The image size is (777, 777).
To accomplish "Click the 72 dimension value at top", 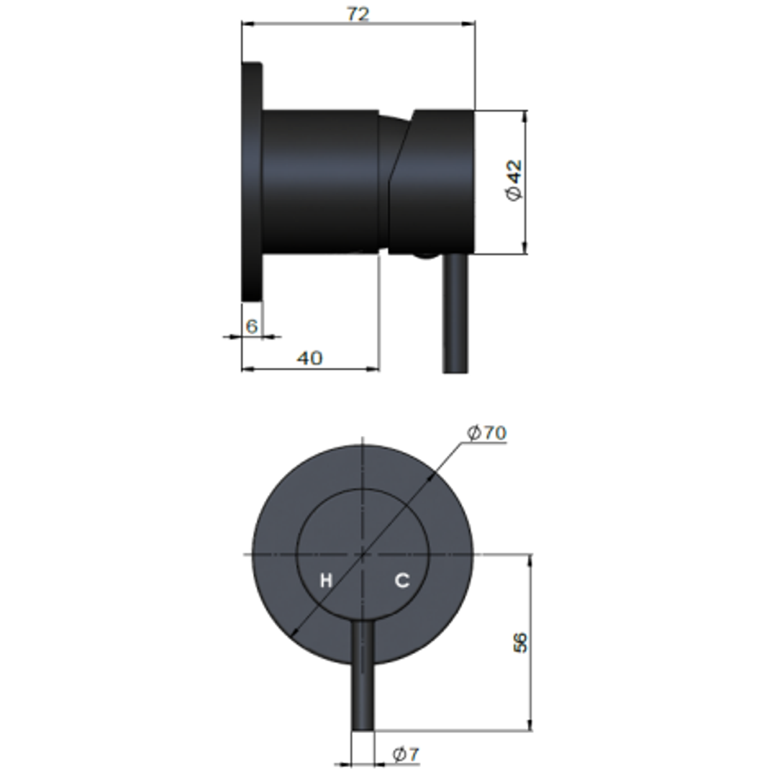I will [x=358, y=13].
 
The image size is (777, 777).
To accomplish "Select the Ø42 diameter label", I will [x=514, y=181].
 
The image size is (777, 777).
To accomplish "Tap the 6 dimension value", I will [x=251, y=326].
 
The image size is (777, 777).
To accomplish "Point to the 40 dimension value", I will [x=309, y=358].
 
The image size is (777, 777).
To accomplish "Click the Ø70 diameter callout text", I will [x=486, y=432].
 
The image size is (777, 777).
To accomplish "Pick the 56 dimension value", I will [x=520, y=642].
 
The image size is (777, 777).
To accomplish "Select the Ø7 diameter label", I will [x=406, y=754].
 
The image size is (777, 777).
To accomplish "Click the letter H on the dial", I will [x=326, y=581].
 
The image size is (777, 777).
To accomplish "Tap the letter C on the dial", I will [x=402, y=580].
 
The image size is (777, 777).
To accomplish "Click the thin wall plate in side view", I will [x=252, y=181].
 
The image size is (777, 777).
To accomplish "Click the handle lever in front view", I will [x=363, y=676].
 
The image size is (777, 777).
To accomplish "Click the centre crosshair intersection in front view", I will [x=363, y=555].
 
